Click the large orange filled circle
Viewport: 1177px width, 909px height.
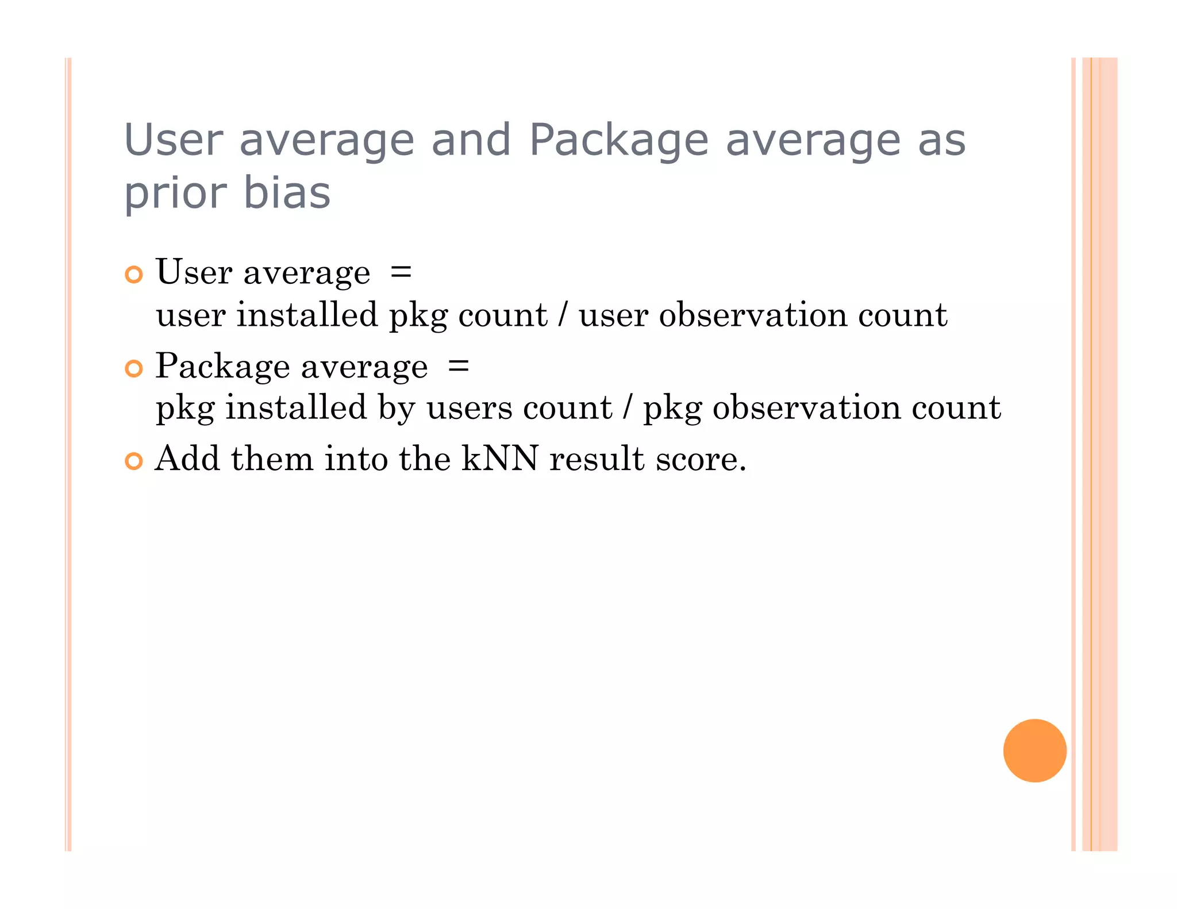point(1034,750)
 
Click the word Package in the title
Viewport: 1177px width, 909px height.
point(618,140)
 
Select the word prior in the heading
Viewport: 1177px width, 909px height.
point(176,194)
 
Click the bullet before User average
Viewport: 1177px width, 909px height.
point(133,275)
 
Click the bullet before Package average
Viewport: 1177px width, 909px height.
point(133,368)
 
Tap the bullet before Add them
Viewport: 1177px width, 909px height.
point(133,461)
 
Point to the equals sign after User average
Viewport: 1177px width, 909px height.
point(401,272)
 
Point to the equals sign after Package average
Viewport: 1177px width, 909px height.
point(458,366)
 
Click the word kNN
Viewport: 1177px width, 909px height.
point(500,459)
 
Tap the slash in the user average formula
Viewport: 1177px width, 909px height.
point(563,315)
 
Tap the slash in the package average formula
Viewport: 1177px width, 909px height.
point(627,408)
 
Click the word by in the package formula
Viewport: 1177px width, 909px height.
point(397,409)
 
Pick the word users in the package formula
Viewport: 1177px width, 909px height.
point(469,409)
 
